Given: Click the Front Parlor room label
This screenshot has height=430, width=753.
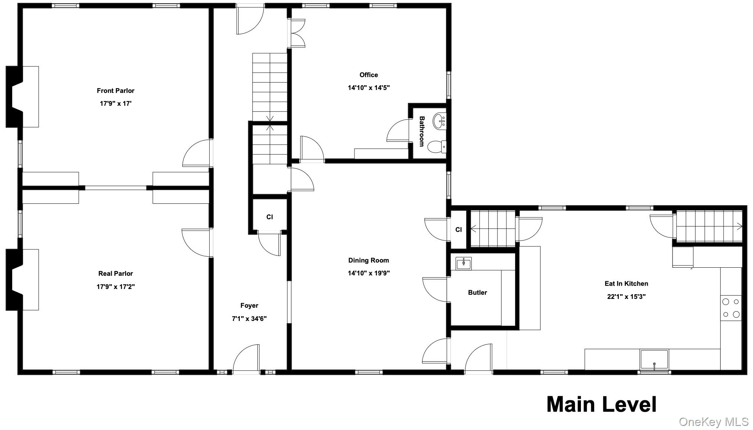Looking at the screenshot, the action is tap(115, 91).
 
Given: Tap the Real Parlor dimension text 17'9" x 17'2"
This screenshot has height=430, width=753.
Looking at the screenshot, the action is tap(115, 287).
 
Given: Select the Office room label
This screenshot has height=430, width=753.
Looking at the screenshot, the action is tap(369, 75).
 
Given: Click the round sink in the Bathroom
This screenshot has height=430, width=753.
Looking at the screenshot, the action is tap(439, 121).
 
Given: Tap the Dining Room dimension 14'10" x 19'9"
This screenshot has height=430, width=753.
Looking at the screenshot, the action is tap(369, 273).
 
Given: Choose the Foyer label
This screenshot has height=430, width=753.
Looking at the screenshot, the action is tap(249, 306).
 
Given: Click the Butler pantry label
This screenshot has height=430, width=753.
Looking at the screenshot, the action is tap(477, 293).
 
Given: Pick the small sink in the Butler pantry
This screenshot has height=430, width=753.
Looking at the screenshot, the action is tap(464, 263).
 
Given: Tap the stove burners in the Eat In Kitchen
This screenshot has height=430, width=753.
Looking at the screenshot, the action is tap(731, 308).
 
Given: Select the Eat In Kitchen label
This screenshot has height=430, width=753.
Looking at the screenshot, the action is tap(626, 283).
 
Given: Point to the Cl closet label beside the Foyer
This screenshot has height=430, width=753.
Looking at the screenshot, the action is tap(270, 217).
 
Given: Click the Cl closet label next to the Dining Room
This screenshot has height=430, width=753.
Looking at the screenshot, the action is tap(458, 230).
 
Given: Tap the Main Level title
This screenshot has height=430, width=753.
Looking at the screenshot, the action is tap(602, 404).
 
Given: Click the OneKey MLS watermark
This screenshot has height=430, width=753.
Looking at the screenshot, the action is tap(714, 422).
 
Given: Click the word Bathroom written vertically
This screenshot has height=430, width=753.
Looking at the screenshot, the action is tap(422, 131).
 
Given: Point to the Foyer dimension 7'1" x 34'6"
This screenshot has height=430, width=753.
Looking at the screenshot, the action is tap(249, 319).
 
